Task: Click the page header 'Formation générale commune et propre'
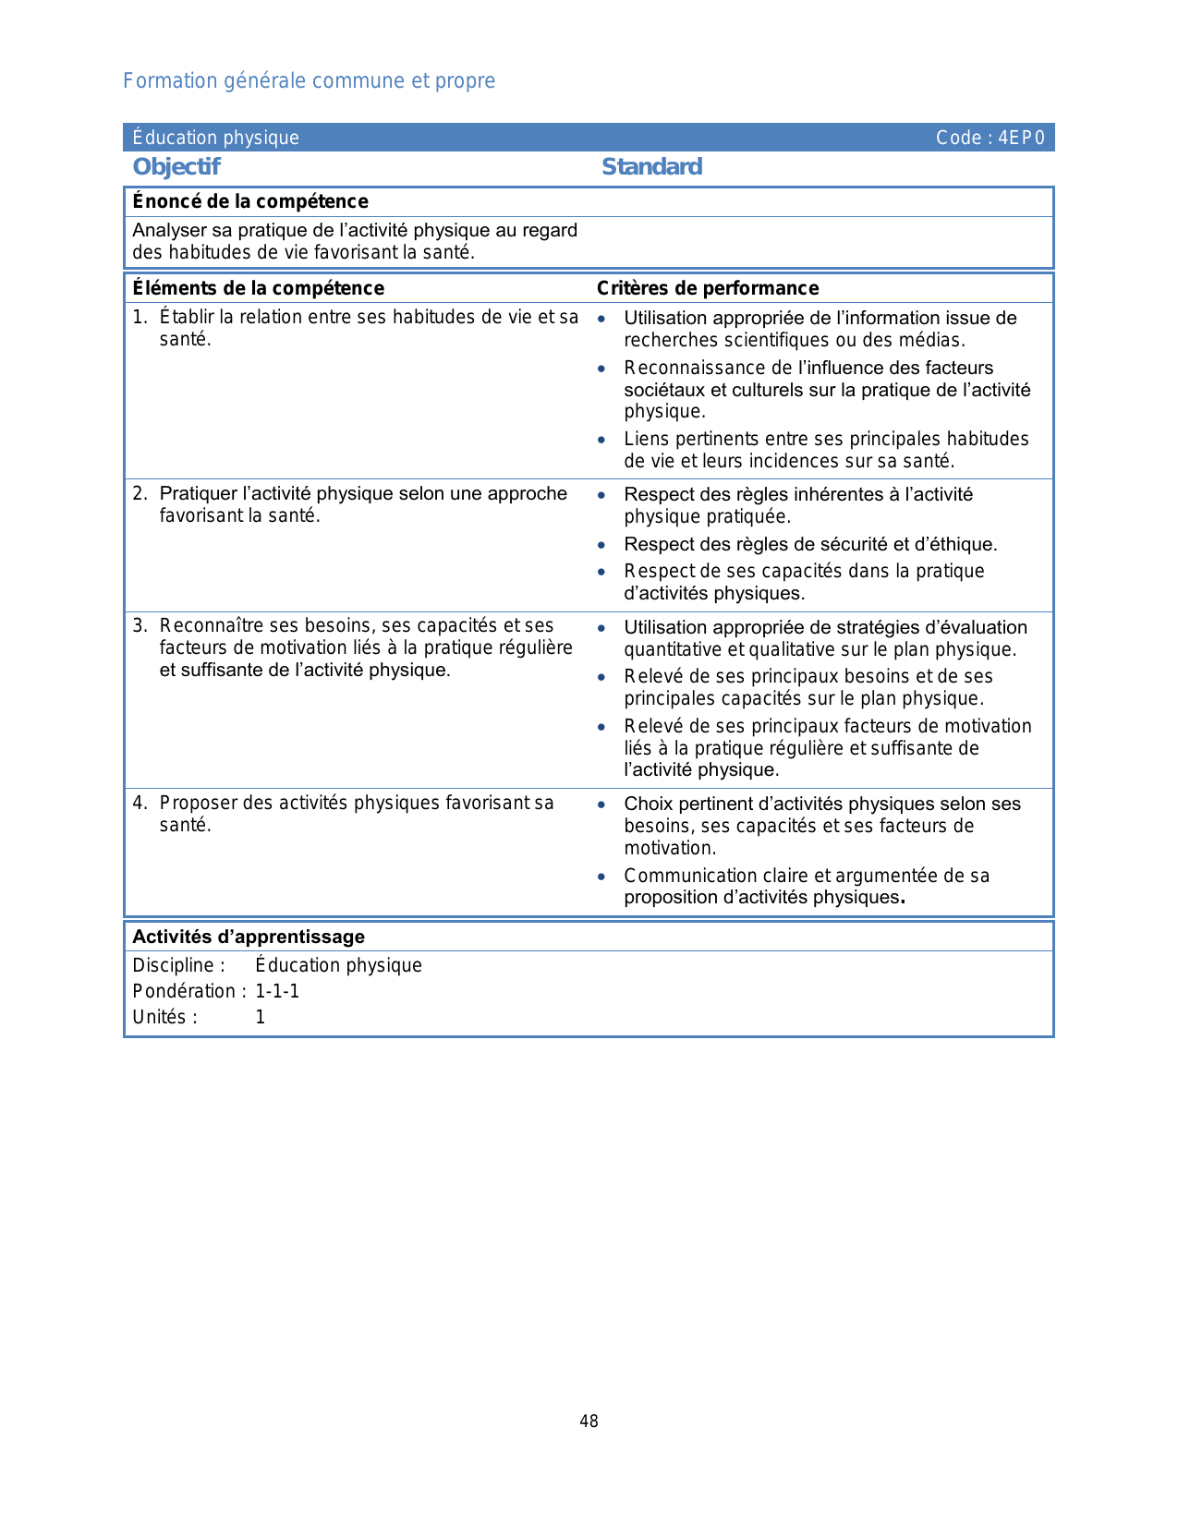pyautogui.click(x=309, y=81)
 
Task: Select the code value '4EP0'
pyautogui.click(x=1021, y=139)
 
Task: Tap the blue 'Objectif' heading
pyautogui.click(x=176, y=167)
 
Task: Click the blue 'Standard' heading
pyautogui.click(x=651, y=167)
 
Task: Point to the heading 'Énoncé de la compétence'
pyautogui.click(x=250, y=201)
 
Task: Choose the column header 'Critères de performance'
pyautogui.click(x=708, y=288)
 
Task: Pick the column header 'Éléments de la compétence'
pyautogui.click(x=258, y=288)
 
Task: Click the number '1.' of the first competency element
pyautogui.click(x=140, y=318)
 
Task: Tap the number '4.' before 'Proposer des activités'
pyautogui.click(x=140, y=804)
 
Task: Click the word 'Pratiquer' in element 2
pyautogui.click(x=197, y=494)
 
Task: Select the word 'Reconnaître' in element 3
pyautogui.click(x=211, y=626)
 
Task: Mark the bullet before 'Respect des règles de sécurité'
pyautogui.click(x=601, y=545)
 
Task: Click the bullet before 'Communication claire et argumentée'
pyautogui.click(x=601, y=877)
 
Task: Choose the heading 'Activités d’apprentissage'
pyautogui.click(x=249, y=937)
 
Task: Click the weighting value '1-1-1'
pyautogui.click(x=277, y=992)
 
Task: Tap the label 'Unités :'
pyautogui.click(x=164, y=1018)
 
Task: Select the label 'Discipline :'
pyautogui.click(x=178, y=966)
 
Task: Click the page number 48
pyautogui.click(x=589, y=1421)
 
